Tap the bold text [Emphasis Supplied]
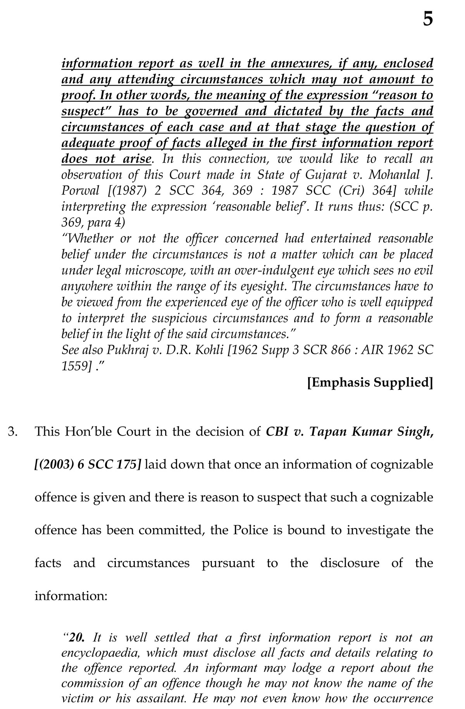tap(370, 382)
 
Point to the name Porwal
tap(77, 191)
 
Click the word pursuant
tap(228, 563)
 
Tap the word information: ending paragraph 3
tap(71, 595)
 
